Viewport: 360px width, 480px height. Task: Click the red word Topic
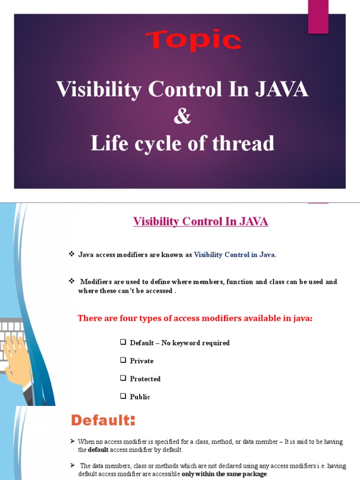194,40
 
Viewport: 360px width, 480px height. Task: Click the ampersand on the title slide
182,116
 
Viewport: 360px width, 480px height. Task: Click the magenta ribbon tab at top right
318,16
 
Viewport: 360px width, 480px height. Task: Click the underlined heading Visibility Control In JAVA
201,221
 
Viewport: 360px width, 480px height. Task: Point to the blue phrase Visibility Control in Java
235,255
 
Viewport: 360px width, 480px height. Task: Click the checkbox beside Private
123,360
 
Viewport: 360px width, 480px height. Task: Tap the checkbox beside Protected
123,378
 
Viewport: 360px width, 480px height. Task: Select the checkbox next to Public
123,396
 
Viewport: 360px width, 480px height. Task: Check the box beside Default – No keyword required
123,342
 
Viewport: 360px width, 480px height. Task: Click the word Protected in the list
145,379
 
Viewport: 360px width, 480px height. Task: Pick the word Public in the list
140,397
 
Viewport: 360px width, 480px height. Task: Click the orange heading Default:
103,420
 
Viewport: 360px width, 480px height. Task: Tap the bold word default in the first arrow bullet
98,450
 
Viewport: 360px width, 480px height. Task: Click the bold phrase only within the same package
224,474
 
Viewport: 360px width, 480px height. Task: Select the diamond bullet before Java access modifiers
72,254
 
